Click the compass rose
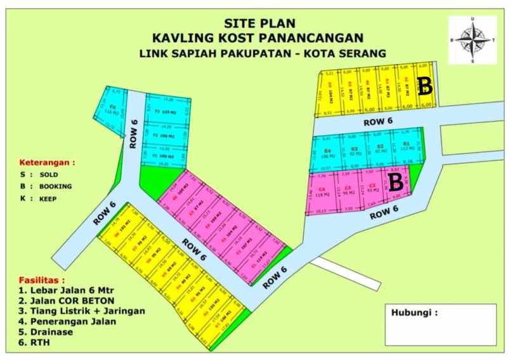pos(473,39)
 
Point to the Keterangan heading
pos(47,162)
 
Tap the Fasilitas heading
pos(42,280)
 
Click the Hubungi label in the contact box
pos(414,312)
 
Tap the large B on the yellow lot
pos(426,86)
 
